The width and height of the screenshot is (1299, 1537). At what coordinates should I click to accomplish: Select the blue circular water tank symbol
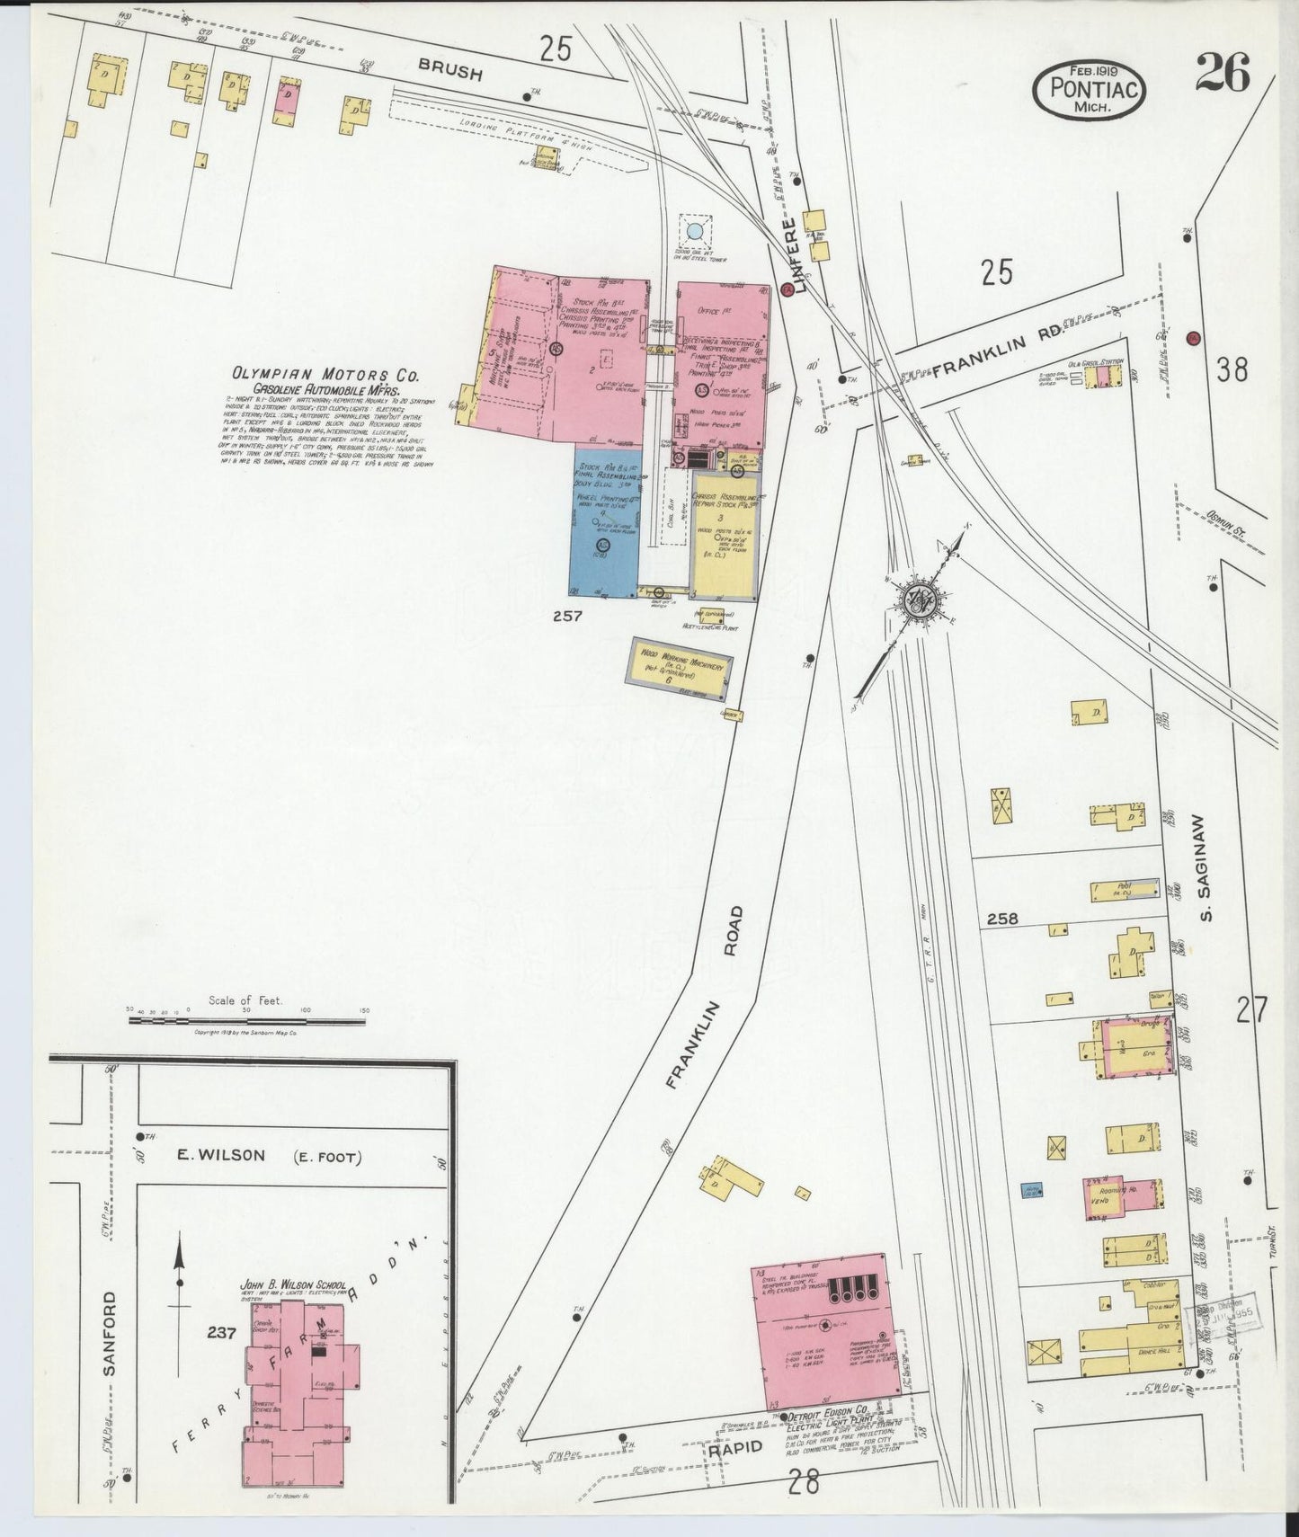point(695,233)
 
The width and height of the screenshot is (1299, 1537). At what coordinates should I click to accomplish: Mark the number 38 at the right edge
point(1231,369)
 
